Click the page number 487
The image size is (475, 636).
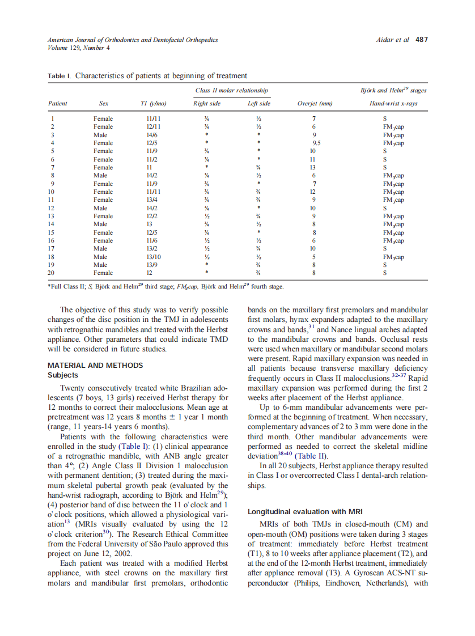click(421, 40)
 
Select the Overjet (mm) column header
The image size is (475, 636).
click(315, 104)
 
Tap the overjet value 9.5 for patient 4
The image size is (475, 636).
click(316, 143)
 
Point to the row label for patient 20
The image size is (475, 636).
click(52, 273)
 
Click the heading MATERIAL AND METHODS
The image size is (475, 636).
click(95, 365)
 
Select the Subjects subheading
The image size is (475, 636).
click(63, 375)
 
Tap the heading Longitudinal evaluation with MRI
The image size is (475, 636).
click(304, 511)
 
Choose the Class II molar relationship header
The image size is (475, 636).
click(231, 90)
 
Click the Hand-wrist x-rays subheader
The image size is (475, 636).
click(393, 104)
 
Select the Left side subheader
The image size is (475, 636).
click(258, 104)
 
